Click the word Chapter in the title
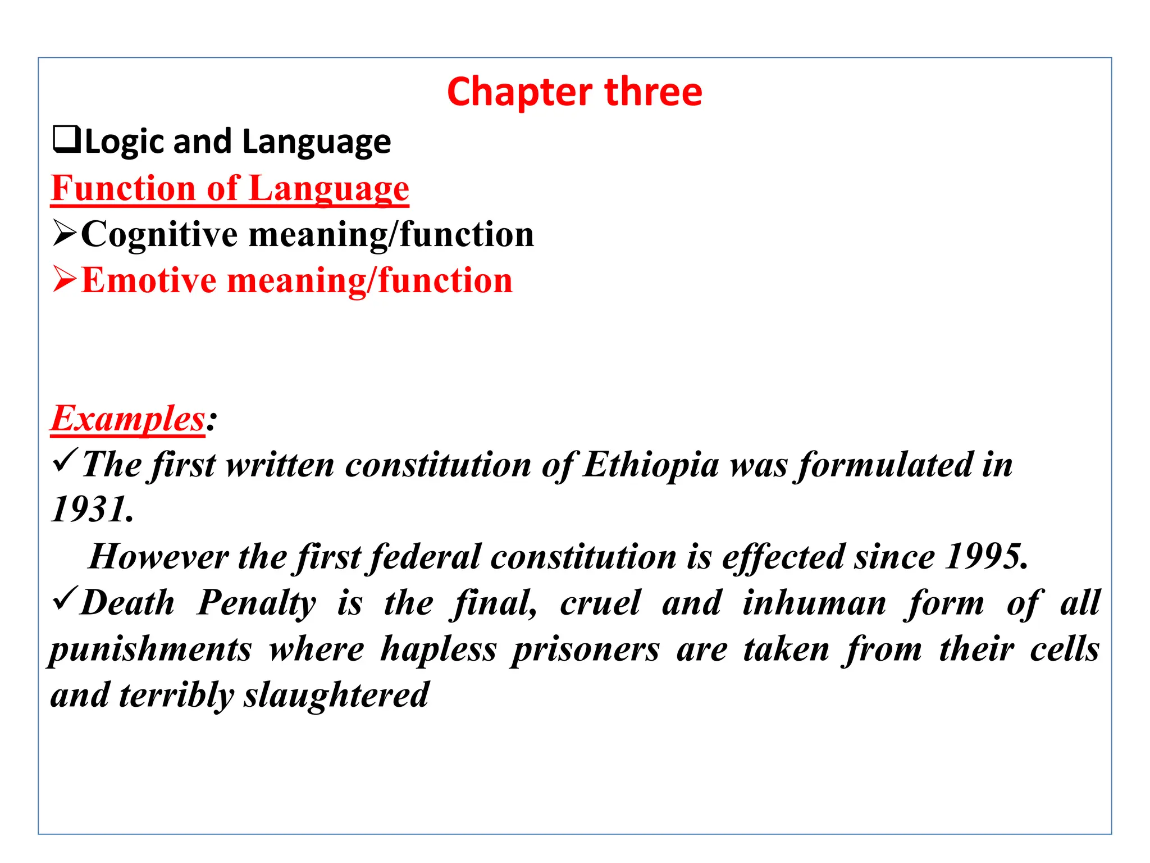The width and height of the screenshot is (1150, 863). (520, 92)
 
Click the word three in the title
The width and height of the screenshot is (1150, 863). (654, 92)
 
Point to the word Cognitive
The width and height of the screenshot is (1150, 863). (159, 234)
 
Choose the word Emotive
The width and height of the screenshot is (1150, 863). (148, 280)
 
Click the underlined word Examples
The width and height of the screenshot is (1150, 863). (128, 419)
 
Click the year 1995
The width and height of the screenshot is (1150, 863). (986, 556)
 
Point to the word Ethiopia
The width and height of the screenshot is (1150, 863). (651, 465)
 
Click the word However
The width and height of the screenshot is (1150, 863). (159, 556)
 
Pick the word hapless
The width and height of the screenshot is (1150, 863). (439, 649)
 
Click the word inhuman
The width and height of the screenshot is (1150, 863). (814, 603)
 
